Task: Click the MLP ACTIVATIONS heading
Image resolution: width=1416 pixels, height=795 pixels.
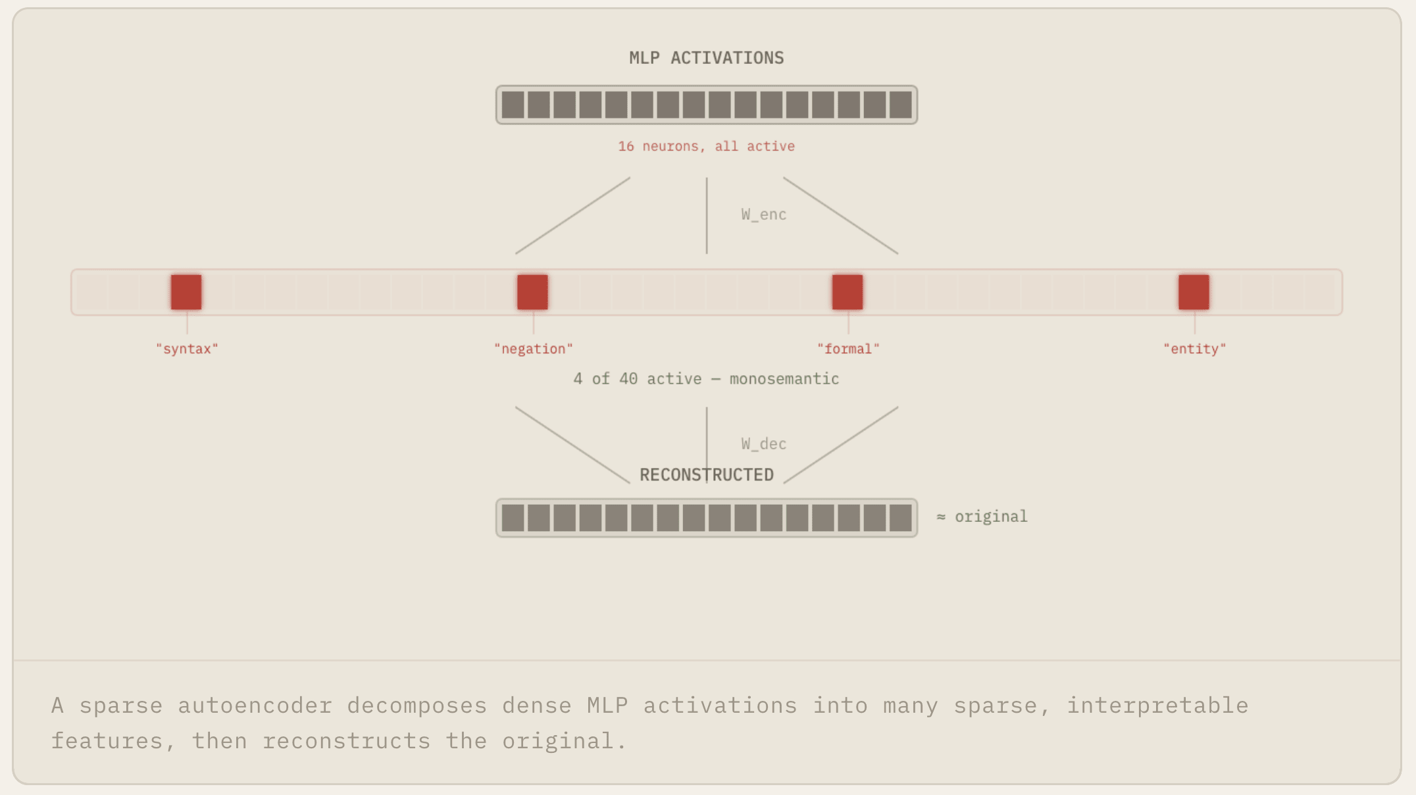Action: (x=706, y=58)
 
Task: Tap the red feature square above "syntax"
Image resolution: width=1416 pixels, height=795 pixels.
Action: (x=186, y=292)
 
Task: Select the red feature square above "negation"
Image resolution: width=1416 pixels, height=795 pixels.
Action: (x=532, y=292)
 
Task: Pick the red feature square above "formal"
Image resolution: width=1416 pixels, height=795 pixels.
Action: (x=847, y=292)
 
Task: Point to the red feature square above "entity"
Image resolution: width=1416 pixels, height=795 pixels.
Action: (x=1194, y=292)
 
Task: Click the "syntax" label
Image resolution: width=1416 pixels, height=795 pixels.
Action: (x=187, y=349)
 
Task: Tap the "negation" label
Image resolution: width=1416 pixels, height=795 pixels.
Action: (x=533, y=349)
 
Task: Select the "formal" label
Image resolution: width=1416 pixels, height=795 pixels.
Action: (x=848, y=349)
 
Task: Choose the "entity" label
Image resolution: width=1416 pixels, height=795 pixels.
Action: (x=1194, y=349)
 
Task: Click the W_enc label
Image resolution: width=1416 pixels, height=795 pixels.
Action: (x=763, y=215)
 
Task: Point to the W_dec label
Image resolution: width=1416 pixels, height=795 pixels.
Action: (x=763, y=444)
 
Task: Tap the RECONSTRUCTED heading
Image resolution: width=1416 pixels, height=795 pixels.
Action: (x=706, y=475)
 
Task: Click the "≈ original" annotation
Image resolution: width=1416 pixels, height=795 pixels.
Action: (x=982, y=517)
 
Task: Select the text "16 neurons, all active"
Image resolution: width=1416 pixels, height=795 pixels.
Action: (x=706, y=146)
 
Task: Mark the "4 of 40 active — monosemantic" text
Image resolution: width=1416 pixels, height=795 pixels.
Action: (x=706, y=379)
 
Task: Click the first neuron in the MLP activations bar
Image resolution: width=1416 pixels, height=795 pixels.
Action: (x=513, y=105)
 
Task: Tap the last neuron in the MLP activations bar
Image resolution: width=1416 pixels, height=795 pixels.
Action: (x=900, y=105)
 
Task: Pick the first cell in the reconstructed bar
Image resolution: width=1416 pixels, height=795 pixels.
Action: (x=513, y=518)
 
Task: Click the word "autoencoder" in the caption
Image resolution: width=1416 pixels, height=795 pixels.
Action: (x=255, y=705)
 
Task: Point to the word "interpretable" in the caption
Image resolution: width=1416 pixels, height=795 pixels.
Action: (x=1157, y=705)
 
